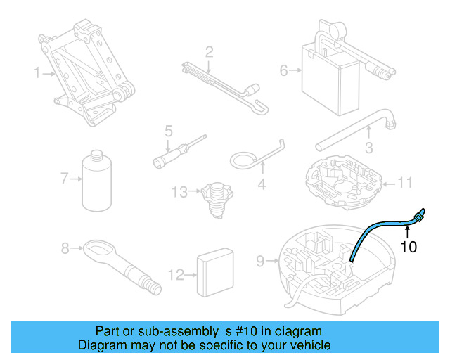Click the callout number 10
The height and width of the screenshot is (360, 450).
(x=409, y=247)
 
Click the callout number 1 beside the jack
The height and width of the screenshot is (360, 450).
(x=38, y=73)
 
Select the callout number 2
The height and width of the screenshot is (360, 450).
(x=209, y=51)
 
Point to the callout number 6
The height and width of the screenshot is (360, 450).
(x=284, y=70)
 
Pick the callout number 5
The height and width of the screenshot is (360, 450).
(x=169, y=131)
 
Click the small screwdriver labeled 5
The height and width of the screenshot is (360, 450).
(x=179, y=153)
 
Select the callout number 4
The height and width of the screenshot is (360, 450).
(x=262, y=186)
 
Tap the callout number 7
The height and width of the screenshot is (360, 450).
(x=65, y=179)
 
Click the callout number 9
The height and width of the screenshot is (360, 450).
(x=259, y=261)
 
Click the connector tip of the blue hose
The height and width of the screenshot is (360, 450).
(x=420, y=213)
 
